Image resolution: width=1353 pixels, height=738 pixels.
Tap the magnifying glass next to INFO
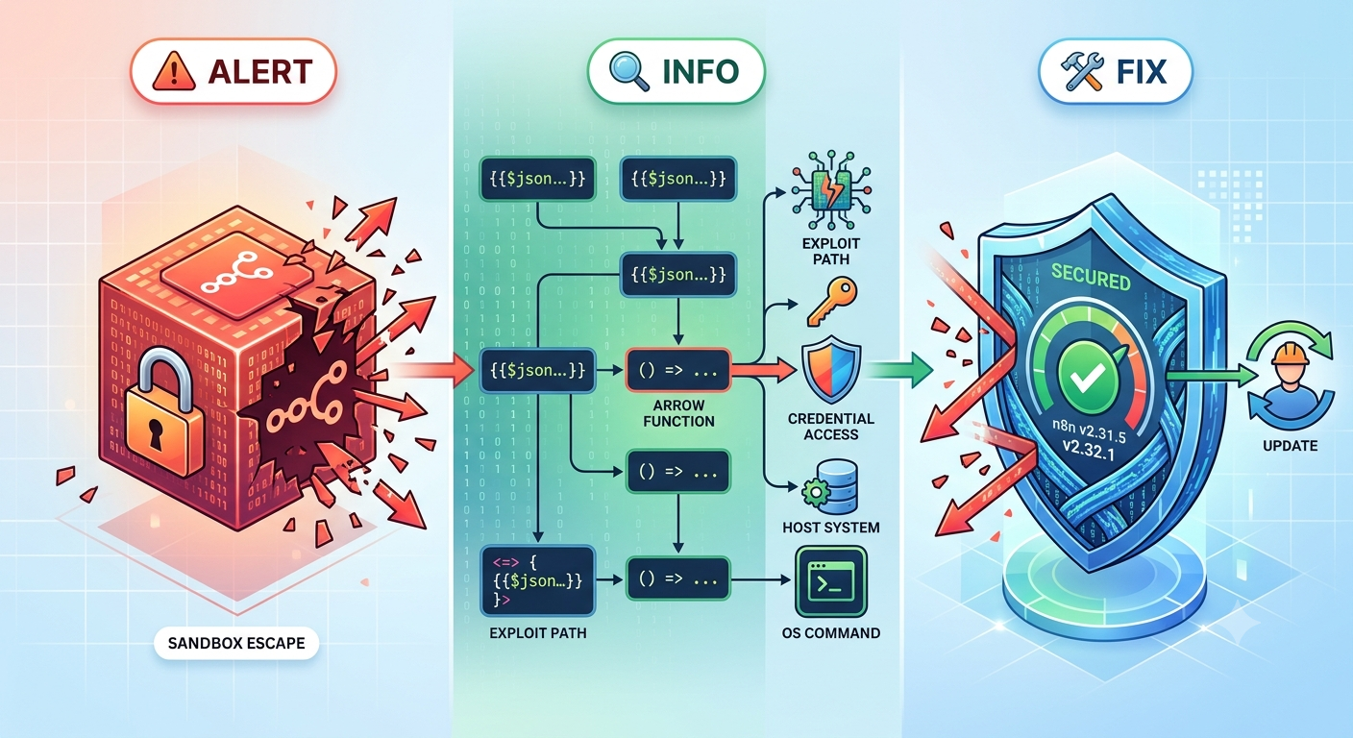pos(629,71)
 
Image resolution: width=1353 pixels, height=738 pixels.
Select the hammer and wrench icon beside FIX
pos(1082,71)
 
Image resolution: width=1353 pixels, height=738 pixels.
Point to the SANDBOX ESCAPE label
pos(236,643)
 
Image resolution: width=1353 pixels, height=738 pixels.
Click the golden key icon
pos(831,301)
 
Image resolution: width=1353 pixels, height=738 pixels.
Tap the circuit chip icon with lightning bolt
pos(831,190)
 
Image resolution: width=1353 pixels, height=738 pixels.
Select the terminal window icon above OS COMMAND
pos(831,581)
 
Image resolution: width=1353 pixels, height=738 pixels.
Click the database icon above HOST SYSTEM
pos(832,487)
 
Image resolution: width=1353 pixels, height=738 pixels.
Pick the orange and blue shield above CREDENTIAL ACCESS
pos(831,370)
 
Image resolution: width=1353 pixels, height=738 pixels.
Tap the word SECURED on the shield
pos(1091,277)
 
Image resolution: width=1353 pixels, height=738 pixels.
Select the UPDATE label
pos(1291,446)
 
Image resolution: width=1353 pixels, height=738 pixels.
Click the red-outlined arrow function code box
pos(678,370)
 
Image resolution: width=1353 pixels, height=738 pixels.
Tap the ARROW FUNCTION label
pos(679,413)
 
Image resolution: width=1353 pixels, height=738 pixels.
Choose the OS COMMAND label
pos(831,633)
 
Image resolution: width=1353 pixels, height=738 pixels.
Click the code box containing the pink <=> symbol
pos(537,580)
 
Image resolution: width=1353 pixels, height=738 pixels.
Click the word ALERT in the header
pos(259,71)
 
